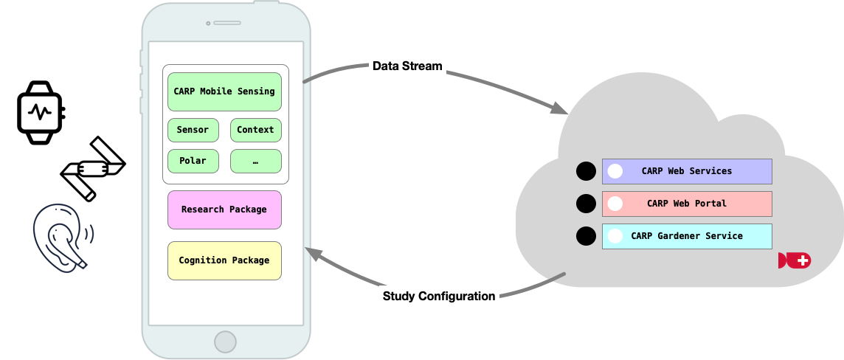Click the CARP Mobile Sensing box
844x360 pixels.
point(224,91)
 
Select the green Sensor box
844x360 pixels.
point(193,130)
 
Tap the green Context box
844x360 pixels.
point(255,130)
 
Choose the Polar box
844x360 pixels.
point(193,161)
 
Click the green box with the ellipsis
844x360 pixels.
point(255,161)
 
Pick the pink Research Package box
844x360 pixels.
point(224,210)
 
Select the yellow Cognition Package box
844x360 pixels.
point(224,260)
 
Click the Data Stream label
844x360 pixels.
point(407,66)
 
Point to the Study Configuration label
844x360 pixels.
point(439,297)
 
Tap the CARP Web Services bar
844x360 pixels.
point(687,171)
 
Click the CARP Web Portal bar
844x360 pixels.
point(687,204)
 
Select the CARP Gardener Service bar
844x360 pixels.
point(687,236)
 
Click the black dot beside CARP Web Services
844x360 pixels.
point(585,171)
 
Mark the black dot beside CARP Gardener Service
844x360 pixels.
point(585,236)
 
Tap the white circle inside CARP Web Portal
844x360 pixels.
point(615,204)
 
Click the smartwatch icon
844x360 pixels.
point(41,112)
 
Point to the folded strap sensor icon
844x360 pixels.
point(93,168)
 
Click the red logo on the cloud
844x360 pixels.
point(794,260)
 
